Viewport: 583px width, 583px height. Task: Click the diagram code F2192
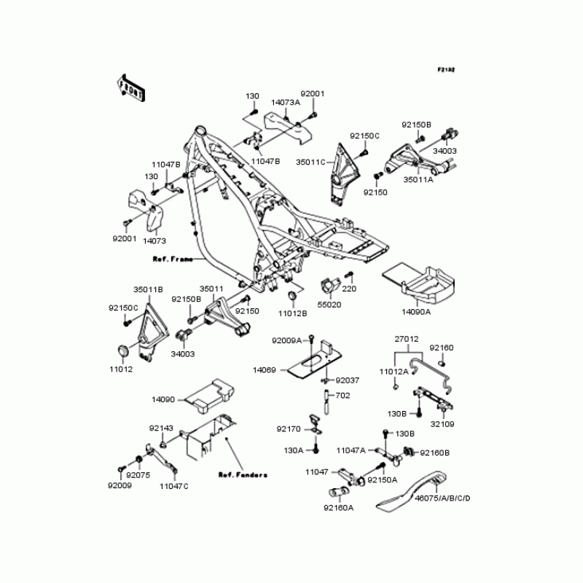(x=446, y=70)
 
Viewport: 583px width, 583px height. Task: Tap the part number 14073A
(x=286, y=103)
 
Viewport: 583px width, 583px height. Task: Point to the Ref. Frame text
(x=173, y=259)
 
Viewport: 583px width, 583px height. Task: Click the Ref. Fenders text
(x=243, y=474)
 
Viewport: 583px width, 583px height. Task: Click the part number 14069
(x=264, y=370)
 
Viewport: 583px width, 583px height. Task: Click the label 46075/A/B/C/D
(x=442, y=498)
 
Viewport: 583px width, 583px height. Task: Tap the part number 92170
(x=289, y=429)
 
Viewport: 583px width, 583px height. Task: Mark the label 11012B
(x=293, y=313)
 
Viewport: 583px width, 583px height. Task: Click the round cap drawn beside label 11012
(x=122, y=351)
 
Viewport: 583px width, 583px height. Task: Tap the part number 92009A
(x=287, y=340)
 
